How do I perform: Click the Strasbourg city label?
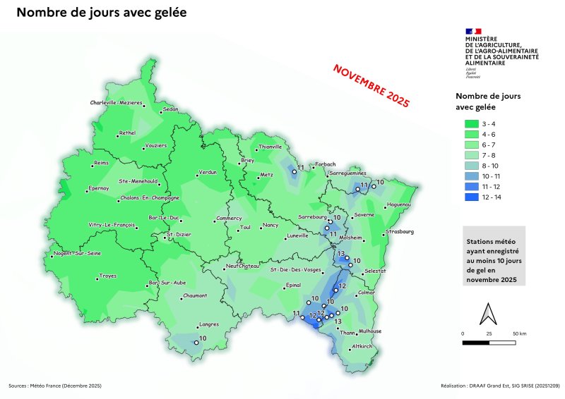click(x=400, y=231)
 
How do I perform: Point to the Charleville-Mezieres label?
click(x=117, y=103)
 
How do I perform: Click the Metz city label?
click(x=266, y=174)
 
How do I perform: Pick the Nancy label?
click(x=270, y=226)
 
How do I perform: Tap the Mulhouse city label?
click(x=370, y=331)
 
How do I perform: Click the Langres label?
click(x=210, y=324)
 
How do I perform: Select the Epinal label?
click(x=292, y=286)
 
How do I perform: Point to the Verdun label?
click(x=207, y=172)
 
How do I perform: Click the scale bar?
click(x=488, y=342)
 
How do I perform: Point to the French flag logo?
click(x=473, y=31)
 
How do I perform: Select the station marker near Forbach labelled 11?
click(x=294, y=171)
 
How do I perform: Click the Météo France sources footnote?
click(x=55, y=386)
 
